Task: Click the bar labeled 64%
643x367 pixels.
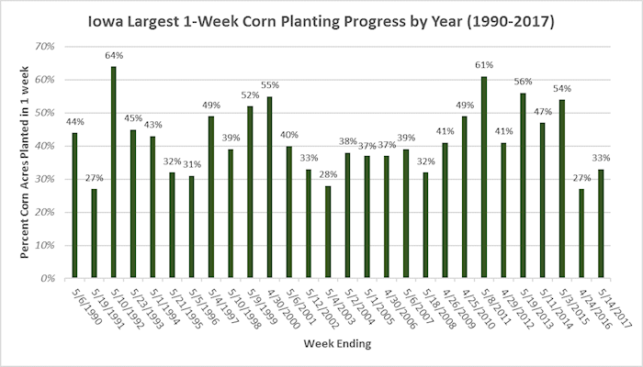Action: tap(113, 172)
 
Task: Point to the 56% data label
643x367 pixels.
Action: tap(523, 82)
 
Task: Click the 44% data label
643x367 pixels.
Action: tap(74, 122)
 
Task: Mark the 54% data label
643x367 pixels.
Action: tap(561, 89)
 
